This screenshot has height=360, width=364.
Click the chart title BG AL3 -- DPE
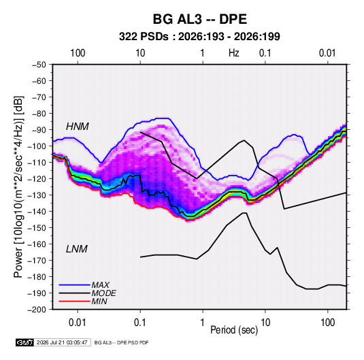click(x=199, y=19)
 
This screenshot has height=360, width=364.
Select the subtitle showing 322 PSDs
click(x=199, y=37)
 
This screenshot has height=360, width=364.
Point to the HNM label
click(x=78, y=127)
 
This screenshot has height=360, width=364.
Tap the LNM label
click(x=77, y=249)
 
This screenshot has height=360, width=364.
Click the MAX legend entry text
click(x=100, y=284)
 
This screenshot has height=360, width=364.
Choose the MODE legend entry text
click(x=104, y=293)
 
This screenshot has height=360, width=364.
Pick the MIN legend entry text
click(x=99, y=301)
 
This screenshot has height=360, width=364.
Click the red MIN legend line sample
click(x=74, y=301)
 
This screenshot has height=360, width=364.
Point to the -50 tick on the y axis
click(x=39, y=65)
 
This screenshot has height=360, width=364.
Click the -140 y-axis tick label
click(x=37, y=212)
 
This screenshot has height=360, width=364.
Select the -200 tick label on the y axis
click(x=37, y=310)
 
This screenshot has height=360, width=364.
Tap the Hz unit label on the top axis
click(x=234, y=53)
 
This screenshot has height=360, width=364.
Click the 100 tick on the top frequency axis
click(x=78, y=53)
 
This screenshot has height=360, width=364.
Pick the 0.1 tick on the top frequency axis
click(x=265, y=53)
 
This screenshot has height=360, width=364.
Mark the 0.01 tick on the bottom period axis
click(x=78, y=323)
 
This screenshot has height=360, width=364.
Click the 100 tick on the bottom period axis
click(x=327, y=323)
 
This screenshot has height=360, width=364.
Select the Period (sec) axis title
click(x=234, y=330)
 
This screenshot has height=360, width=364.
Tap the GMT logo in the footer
click(x=25, y=342)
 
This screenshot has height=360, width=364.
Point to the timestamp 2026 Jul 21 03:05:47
click(x=62, y=342)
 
